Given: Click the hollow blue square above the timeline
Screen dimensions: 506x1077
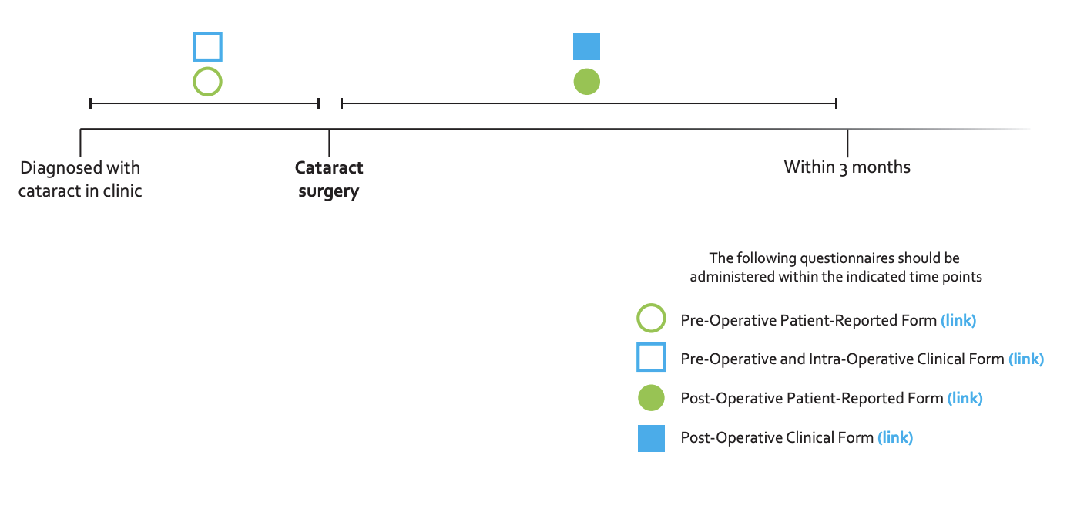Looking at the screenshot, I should (x=207, y=46).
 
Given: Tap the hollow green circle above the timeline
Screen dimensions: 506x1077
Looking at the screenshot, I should (x=207, y=81).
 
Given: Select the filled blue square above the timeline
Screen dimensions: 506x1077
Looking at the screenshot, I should (x=586, y=46).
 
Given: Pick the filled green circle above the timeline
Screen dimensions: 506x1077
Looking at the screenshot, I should (x=586, y=81).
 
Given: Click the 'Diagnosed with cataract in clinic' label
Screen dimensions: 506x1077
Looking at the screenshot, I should (x=80, y=179).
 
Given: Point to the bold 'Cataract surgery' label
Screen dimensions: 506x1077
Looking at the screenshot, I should (x=329, y=179).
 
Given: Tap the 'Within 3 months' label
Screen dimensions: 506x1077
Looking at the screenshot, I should (x=847, y=167).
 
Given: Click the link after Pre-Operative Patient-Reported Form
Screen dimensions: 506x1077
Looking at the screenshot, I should (x=958, y=319).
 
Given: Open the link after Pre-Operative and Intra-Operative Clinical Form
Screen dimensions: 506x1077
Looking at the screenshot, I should (x=1026, y=359).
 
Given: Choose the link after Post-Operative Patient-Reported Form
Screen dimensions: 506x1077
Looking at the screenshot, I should (x=965, y=398).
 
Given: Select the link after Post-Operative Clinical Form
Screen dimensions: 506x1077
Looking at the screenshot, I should (x=895, y=437).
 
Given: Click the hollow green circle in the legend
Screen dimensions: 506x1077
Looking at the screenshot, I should (x=651, y=319).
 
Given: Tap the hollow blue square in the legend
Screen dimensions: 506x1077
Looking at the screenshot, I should (x=651, y=358).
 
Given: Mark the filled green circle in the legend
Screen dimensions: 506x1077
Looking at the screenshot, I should (x=651, y=398).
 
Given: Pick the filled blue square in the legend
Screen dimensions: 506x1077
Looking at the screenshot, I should (x=651, y=438).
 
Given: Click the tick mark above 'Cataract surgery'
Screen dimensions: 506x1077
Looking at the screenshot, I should (x=329, y=142).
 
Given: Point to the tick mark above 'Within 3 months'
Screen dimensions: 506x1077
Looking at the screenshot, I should (x=847, y=142).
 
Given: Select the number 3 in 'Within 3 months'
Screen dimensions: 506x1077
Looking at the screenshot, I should (x=842, y=168).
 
